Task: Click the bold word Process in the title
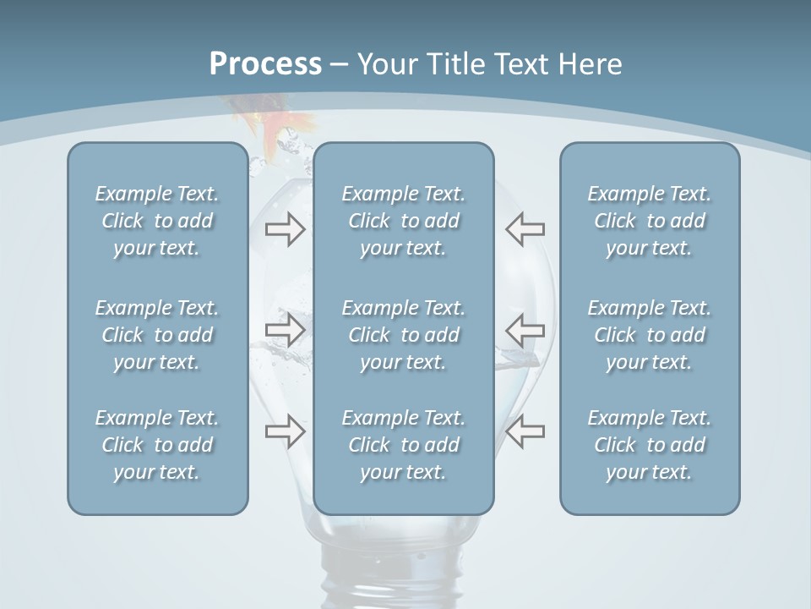(265, 64)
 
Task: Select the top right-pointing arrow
(285, 229)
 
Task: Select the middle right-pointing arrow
(285, 330)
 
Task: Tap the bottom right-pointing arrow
(285, 431)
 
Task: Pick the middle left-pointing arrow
(525, 330)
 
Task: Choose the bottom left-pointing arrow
(525, 431)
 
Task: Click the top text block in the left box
(157, 221)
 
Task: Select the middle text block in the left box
(157, 335)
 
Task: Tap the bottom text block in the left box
(157, 445)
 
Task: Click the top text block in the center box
(403, 221)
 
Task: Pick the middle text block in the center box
(403, 335)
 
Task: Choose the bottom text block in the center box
(403, 445)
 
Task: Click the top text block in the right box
(649, 221)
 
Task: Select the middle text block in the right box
(649, 335)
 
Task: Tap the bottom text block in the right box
(649, 445)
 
